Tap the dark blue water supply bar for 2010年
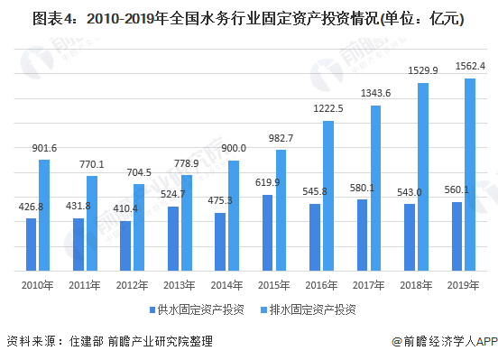coord(32,244)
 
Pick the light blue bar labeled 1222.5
coord(328,195)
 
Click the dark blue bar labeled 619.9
coord(268,232)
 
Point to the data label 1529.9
coord(424,69)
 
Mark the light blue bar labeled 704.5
coord(139,227)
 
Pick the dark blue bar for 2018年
coord(410,236)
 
